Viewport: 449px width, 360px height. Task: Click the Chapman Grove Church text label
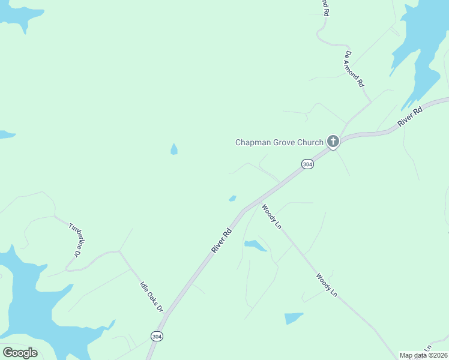[x=279, y=143]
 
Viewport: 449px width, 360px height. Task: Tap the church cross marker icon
[x=333, y=142]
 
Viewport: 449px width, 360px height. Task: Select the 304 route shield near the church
[x=307, y=164]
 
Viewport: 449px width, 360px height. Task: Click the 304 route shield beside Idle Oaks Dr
[x=157, y=336]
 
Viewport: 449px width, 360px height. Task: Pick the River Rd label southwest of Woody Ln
[x=221, y=239]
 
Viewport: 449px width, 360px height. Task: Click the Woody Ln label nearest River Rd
[x=271, y=216]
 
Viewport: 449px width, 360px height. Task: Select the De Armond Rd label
[x=354, y=70]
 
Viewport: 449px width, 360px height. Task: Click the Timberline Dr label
[x=75, y=240]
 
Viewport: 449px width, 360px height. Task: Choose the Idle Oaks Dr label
[x=151, y=296]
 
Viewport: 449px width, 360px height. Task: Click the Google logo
[x=20, y=353]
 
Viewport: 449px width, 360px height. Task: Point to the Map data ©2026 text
[x=423, y=355]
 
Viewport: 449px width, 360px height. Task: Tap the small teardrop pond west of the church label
[x=174, y=149]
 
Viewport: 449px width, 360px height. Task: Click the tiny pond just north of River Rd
[x=232, y=199]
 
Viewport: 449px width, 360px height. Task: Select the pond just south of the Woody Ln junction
[x=255, y=245]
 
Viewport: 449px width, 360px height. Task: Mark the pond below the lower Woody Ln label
[x=294, y=318]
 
